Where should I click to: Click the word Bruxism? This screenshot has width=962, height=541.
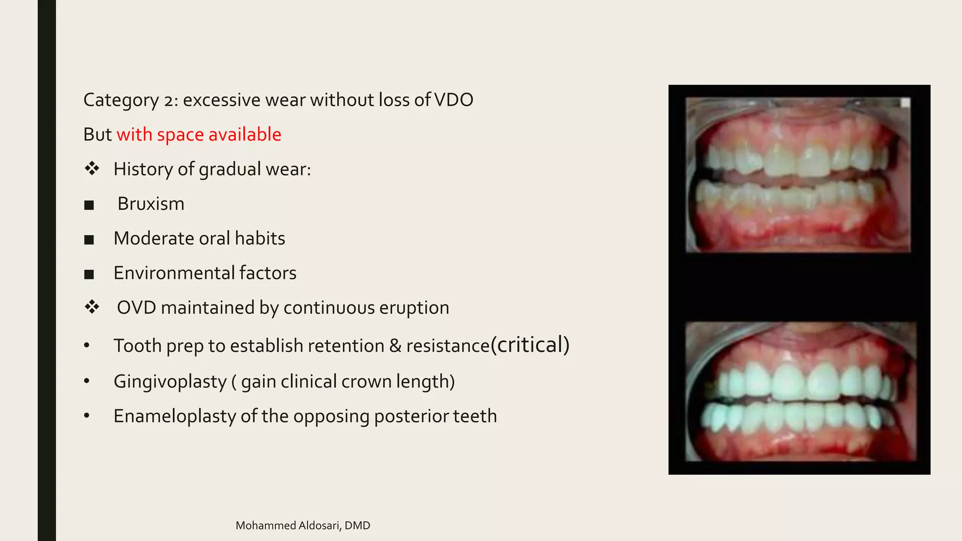coord(151,204)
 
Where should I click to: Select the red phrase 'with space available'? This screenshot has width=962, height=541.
coord(199,135)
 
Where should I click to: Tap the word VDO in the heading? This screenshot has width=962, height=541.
coord(453,100)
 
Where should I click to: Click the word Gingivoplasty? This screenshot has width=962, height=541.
coord(170,382)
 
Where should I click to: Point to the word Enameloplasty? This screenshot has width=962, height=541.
coord(174,417)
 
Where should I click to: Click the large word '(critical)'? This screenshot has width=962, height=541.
coord(530,345)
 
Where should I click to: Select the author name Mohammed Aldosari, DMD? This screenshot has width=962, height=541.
coord(303,526)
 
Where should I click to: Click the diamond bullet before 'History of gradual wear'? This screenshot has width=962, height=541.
coord(92,169)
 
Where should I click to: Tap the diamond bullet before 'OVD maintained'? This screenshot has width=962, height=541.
coord(92,307)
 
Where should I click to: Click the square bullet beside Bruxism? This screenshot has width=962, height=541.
coord(89,205)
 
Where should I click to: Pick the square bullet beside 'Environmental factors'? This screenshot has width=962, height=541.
coord(89,274)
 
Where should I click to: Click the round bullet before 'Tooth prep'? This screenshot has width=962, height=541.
coord(86,346)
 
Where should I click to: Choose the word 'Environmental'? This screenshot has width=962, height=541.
coord(173,273)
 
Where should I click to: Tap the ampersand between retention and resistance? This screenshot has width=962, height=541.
coord(395,346)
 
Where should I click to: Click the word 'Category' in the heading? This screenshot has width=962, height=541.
coord(121,100)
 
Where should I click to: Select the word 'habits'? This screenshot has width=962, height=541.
coord(260,239)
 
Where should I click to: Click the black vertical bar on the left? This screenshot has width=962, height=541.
coord(47,270)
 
